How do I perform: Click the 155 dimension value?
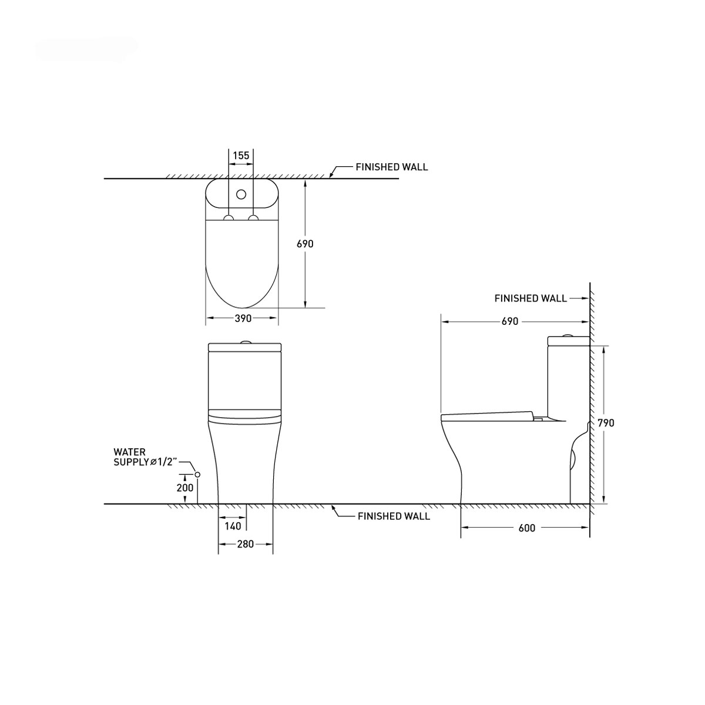[x=241, y=156]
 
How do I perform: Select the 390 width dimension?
[x=243, y=318]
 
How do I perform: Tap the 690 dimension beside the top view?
[x=305, y=244]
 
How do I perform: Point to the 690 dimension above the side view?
[x=510, y=321]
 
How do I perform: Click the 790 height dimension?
[x=606, y=423]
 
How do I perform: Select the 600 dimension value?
[x=527, y=528]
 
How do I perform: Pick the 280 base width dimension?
[x=245, y=544]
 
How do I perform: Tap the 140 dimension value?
[x=233, y=526]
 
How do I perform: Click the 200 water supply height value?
[x=184, y=488]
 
